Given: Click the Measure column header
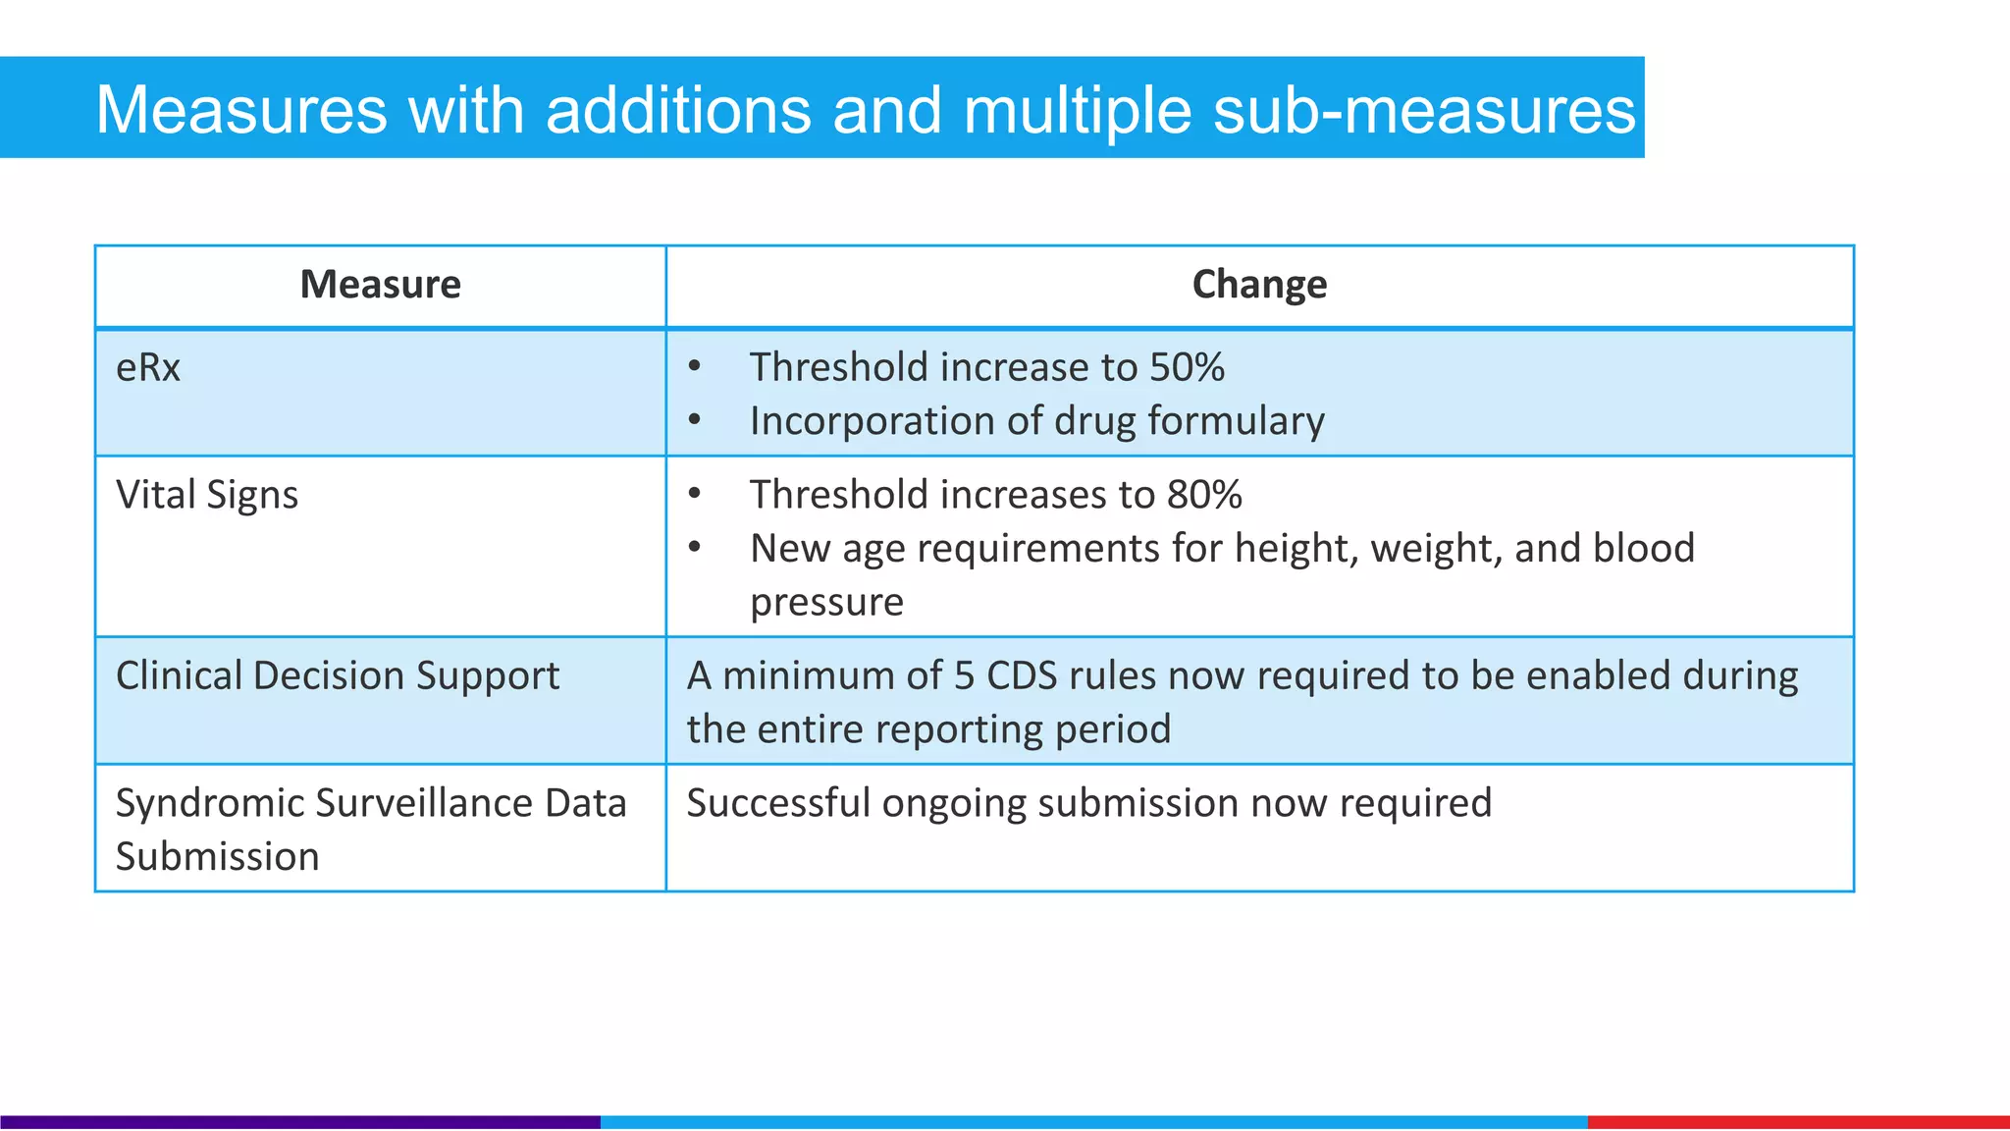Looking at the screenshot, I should tap(380, 285).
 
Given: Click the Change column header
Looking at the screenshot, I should tap(1259, 285).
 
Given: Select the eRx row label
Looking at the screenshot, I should tap(148, 368).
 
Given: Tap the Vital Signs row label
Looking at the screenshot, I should tap(207, 495).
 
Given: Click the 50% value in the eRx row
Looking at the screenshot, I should tap(1187, 368).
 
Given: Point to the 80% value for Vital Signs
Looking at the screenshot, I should tap(1204, 495).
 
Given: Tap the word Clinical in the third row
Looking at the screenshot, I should tap(179, 676).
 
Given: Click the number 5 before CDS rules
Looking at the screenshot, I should tap(964, 676).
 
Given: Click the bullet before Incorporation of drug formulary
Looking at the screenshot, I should tap(695, 420).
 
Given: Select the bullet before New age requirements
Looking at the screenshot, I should tap(695, 547).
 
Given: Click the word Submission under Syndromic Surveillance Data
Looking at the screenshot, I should tap(218, 857).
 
